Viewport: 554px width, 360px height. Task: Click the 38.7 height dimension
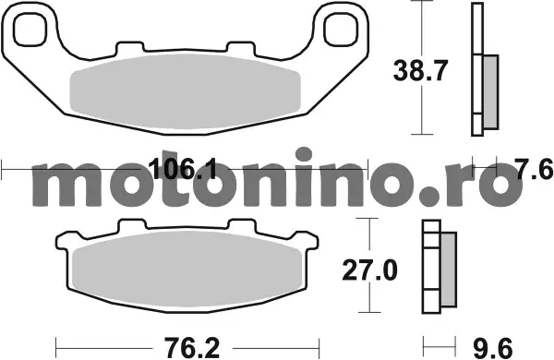pyautogui.click(x=420, y=71)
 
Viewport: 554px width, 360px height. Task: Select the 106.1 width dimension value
pyautogui.click(x=182, y=169)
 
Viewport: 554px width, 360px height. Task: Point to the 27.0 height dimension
pyautogui.click(x=369, y=270)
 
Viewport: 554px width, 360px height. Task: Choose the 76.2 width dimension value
pyautogui.click(x=191, y=348)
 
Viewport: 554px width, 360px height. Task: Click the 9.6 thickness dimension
pyautogui.click(x=492, y=348)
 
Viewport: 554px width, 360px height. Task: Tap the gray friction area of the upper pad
pyautogui.click(x=186, y=91)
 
